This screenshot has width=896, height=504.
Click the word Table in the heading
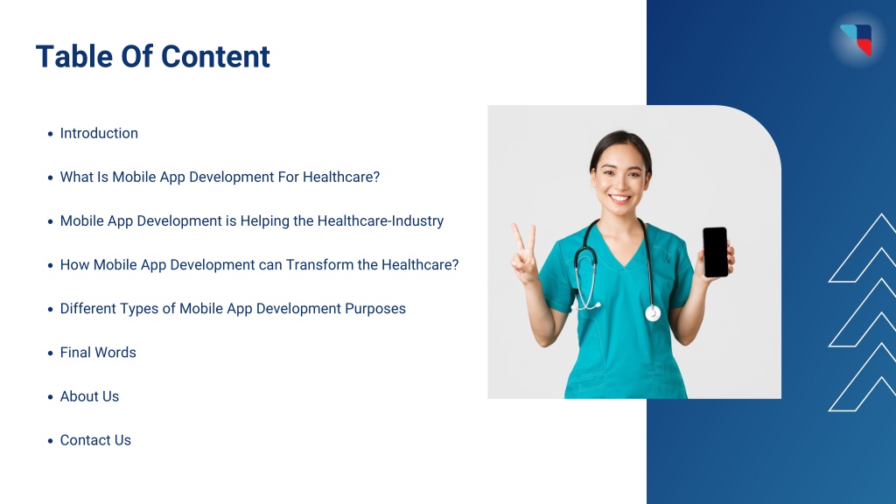point(74,57)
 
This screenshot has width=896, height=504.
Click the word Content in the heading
point(215,57)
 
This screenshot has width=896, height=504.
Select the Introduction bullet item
point(99,133)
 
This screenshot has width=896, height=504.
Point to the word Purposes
point(375,309)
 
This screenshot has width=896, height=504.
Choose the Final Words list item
point(98,353)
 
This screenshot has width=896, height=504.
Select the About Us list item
point(90,396)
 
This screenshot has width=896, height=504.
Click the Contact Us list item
point(95,441)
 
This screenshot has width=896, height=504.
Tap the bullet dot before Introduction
point(50,134)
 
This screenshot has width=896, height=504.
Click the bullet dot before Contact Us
point(50,441)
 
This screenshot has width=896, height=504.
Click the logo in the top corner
point(857,39)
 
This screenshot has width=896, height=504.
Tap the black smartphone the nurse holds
point(716,252)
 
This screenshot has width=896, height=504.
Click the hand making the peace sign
point(525,255)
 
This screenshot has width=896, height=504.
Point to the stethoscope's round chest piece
point(653,313)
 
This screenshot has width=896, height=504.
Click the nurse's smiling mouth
point(620,199)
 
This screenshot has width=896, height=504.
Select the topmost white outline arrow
point(863,248)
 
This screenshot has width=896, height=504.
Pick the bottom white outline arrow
point(863,377)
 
